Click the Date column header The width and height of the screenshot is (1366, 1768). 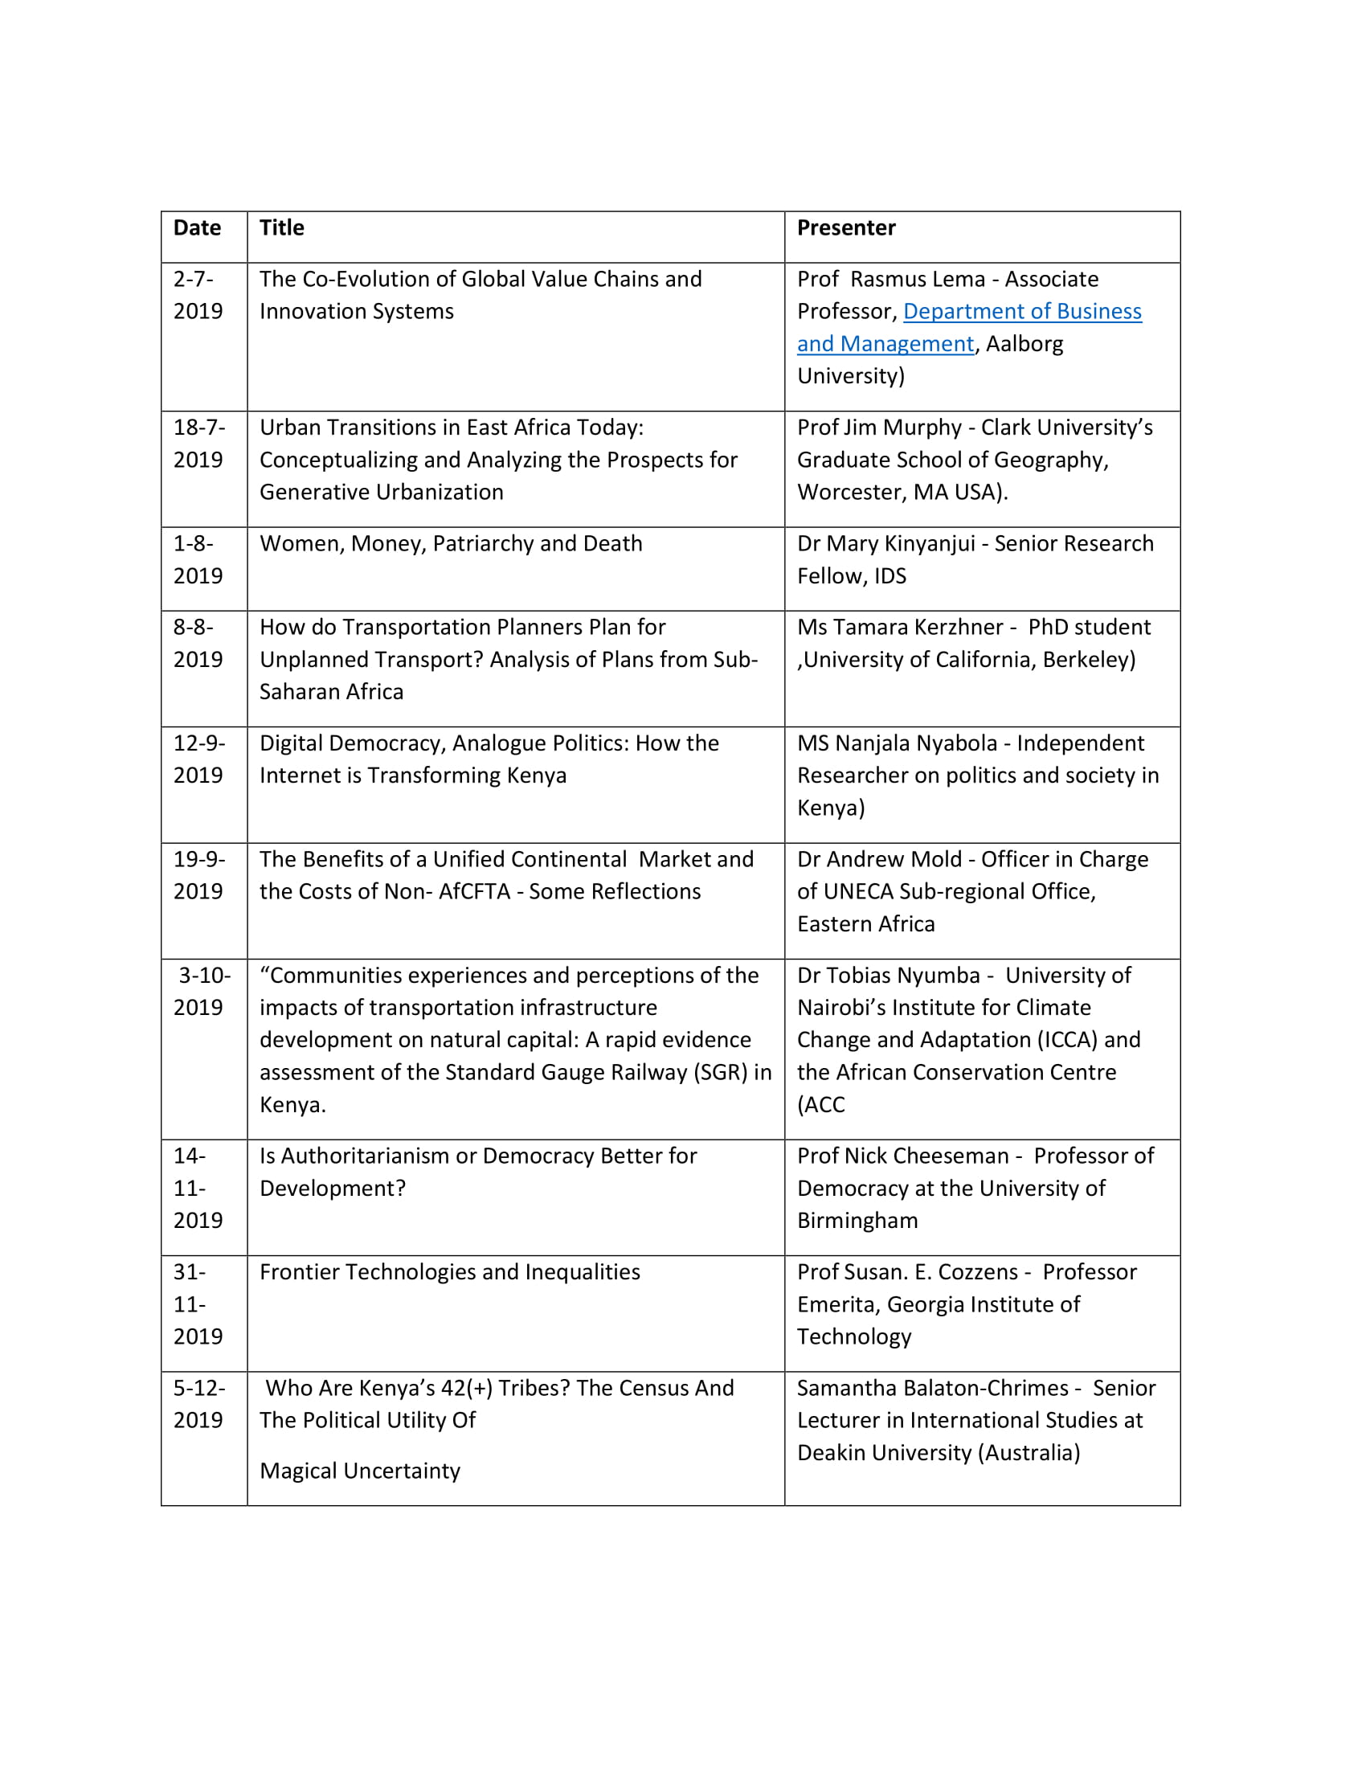(197, 228)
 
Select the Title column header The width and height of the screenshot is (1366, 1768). (281, 228)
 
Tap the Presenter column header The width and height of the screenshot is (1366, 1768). (845, 228)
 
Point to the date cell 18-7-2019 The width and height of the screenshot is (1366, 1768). (198, 444)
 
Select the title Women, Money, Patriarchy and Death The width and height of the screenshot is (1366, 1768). (451, 543)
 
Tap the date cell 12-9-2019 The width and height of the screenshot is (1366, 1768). (198, 759)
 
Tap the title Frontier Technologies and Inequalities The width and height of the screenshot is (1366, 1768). (449, 1272)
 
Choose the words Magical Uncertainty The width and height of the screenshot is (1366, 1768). (359, 1470)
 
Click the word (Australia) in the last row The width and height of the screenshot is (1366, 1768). (1029, 1452)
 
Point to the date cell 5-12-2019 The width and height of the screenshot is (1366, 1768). (198, 1404)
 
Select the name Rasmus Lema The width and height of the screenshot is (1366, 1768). (917, 280)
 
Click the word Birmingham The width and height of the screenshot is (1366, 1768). (857, 1221)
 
